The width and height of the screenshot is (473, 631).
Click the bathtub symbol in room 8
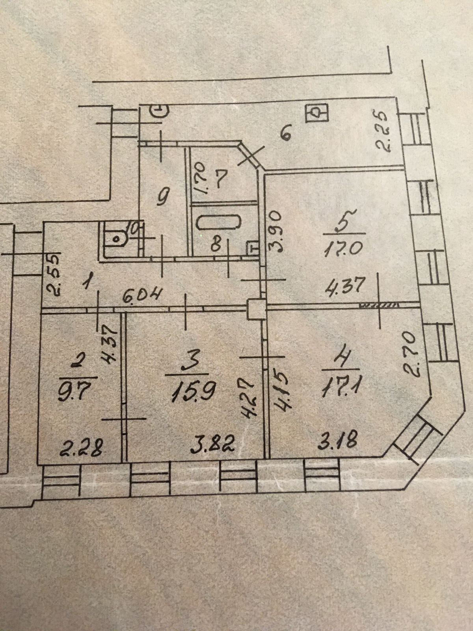(x=219, y=223)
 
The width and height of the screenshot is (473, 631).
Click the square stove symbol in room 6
(x=317, y=113)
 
